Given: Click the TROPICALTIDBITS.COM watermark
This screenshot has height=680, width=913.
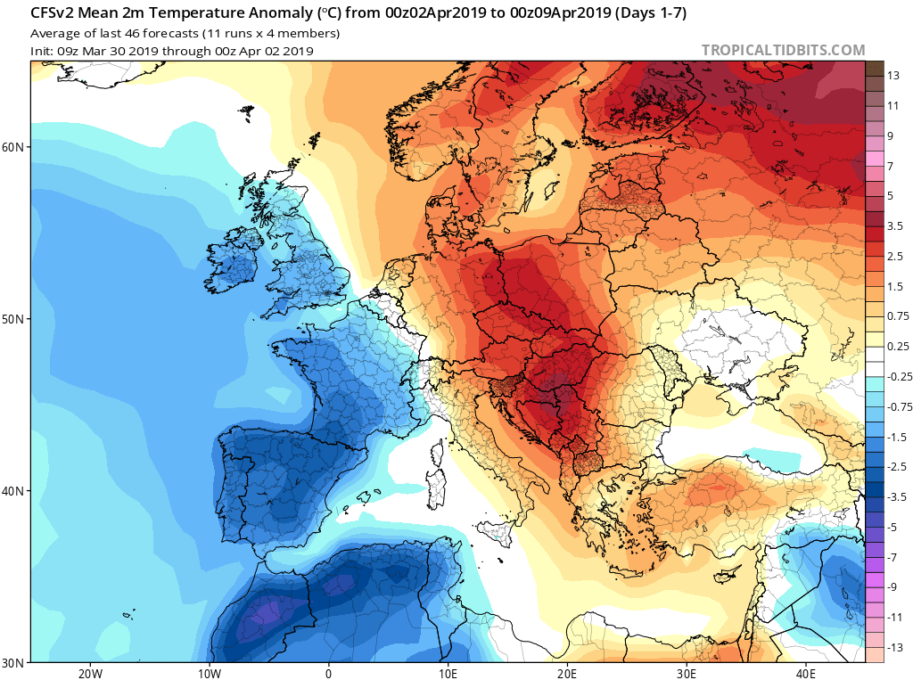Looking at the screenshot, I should click(783, 50).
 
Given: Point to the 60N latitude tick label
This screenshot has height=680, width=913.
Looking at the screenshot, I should click(16, 147).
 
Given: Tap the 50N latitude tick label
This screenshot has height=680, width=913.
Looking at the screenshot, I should click(16, 319).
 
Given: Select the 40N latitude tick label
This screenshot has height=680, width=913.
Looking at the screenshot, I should click(16, 491).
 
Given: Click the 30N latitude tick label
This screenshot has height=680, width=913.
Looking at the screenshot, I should click(16, 662).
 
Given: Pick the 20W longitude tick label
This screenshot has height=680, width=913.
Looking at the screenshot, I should click(89, 673).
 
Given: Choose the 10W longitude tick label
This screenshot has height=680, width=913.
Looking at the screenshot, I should click(209, 673).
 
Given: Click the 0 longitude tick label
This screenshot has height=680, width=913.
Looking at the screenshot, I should click(329, 673).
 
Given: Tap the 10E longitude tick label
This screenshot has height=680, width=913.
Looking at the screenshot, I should click(448, 673).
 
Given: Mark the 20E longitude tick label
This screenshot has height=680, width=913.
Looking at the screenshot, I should click(568, 673).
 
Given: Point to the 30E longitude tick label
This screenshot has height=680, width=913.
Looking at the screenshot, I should click(687, 673).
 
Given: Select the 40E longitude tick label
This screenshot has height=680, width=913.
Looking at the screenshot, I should click(807, 673).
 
